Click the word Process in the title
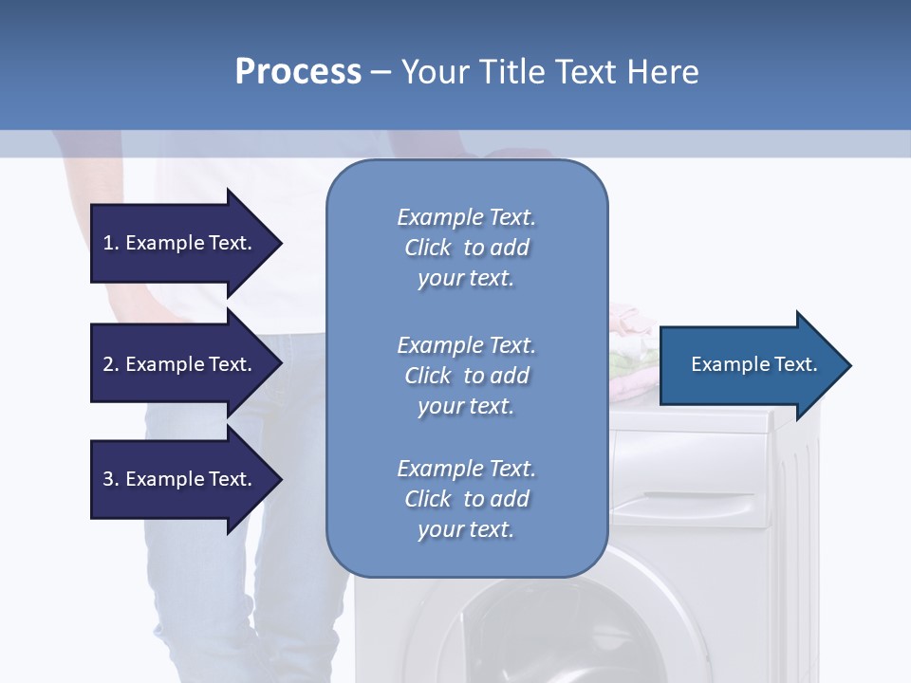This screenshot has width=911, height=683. click(x=298, y=72)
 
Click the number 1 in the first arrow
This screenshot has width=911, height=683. click(x=108, y=243)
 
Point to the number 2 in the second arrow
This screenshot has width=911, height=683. click(x=108, y=364)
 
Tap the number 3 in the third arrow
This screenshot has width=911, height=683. click(x=108, y=479)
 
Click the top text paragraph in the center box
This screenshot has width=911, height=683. click(x=466, y=248)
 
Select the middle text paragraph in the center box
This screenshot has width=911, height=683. click(x=466, y=376)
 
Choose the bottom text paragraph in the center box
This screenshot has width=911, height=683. click(x=466, y=499)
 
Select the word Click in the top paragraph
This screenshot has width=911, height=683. click(x=428, y=248)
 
